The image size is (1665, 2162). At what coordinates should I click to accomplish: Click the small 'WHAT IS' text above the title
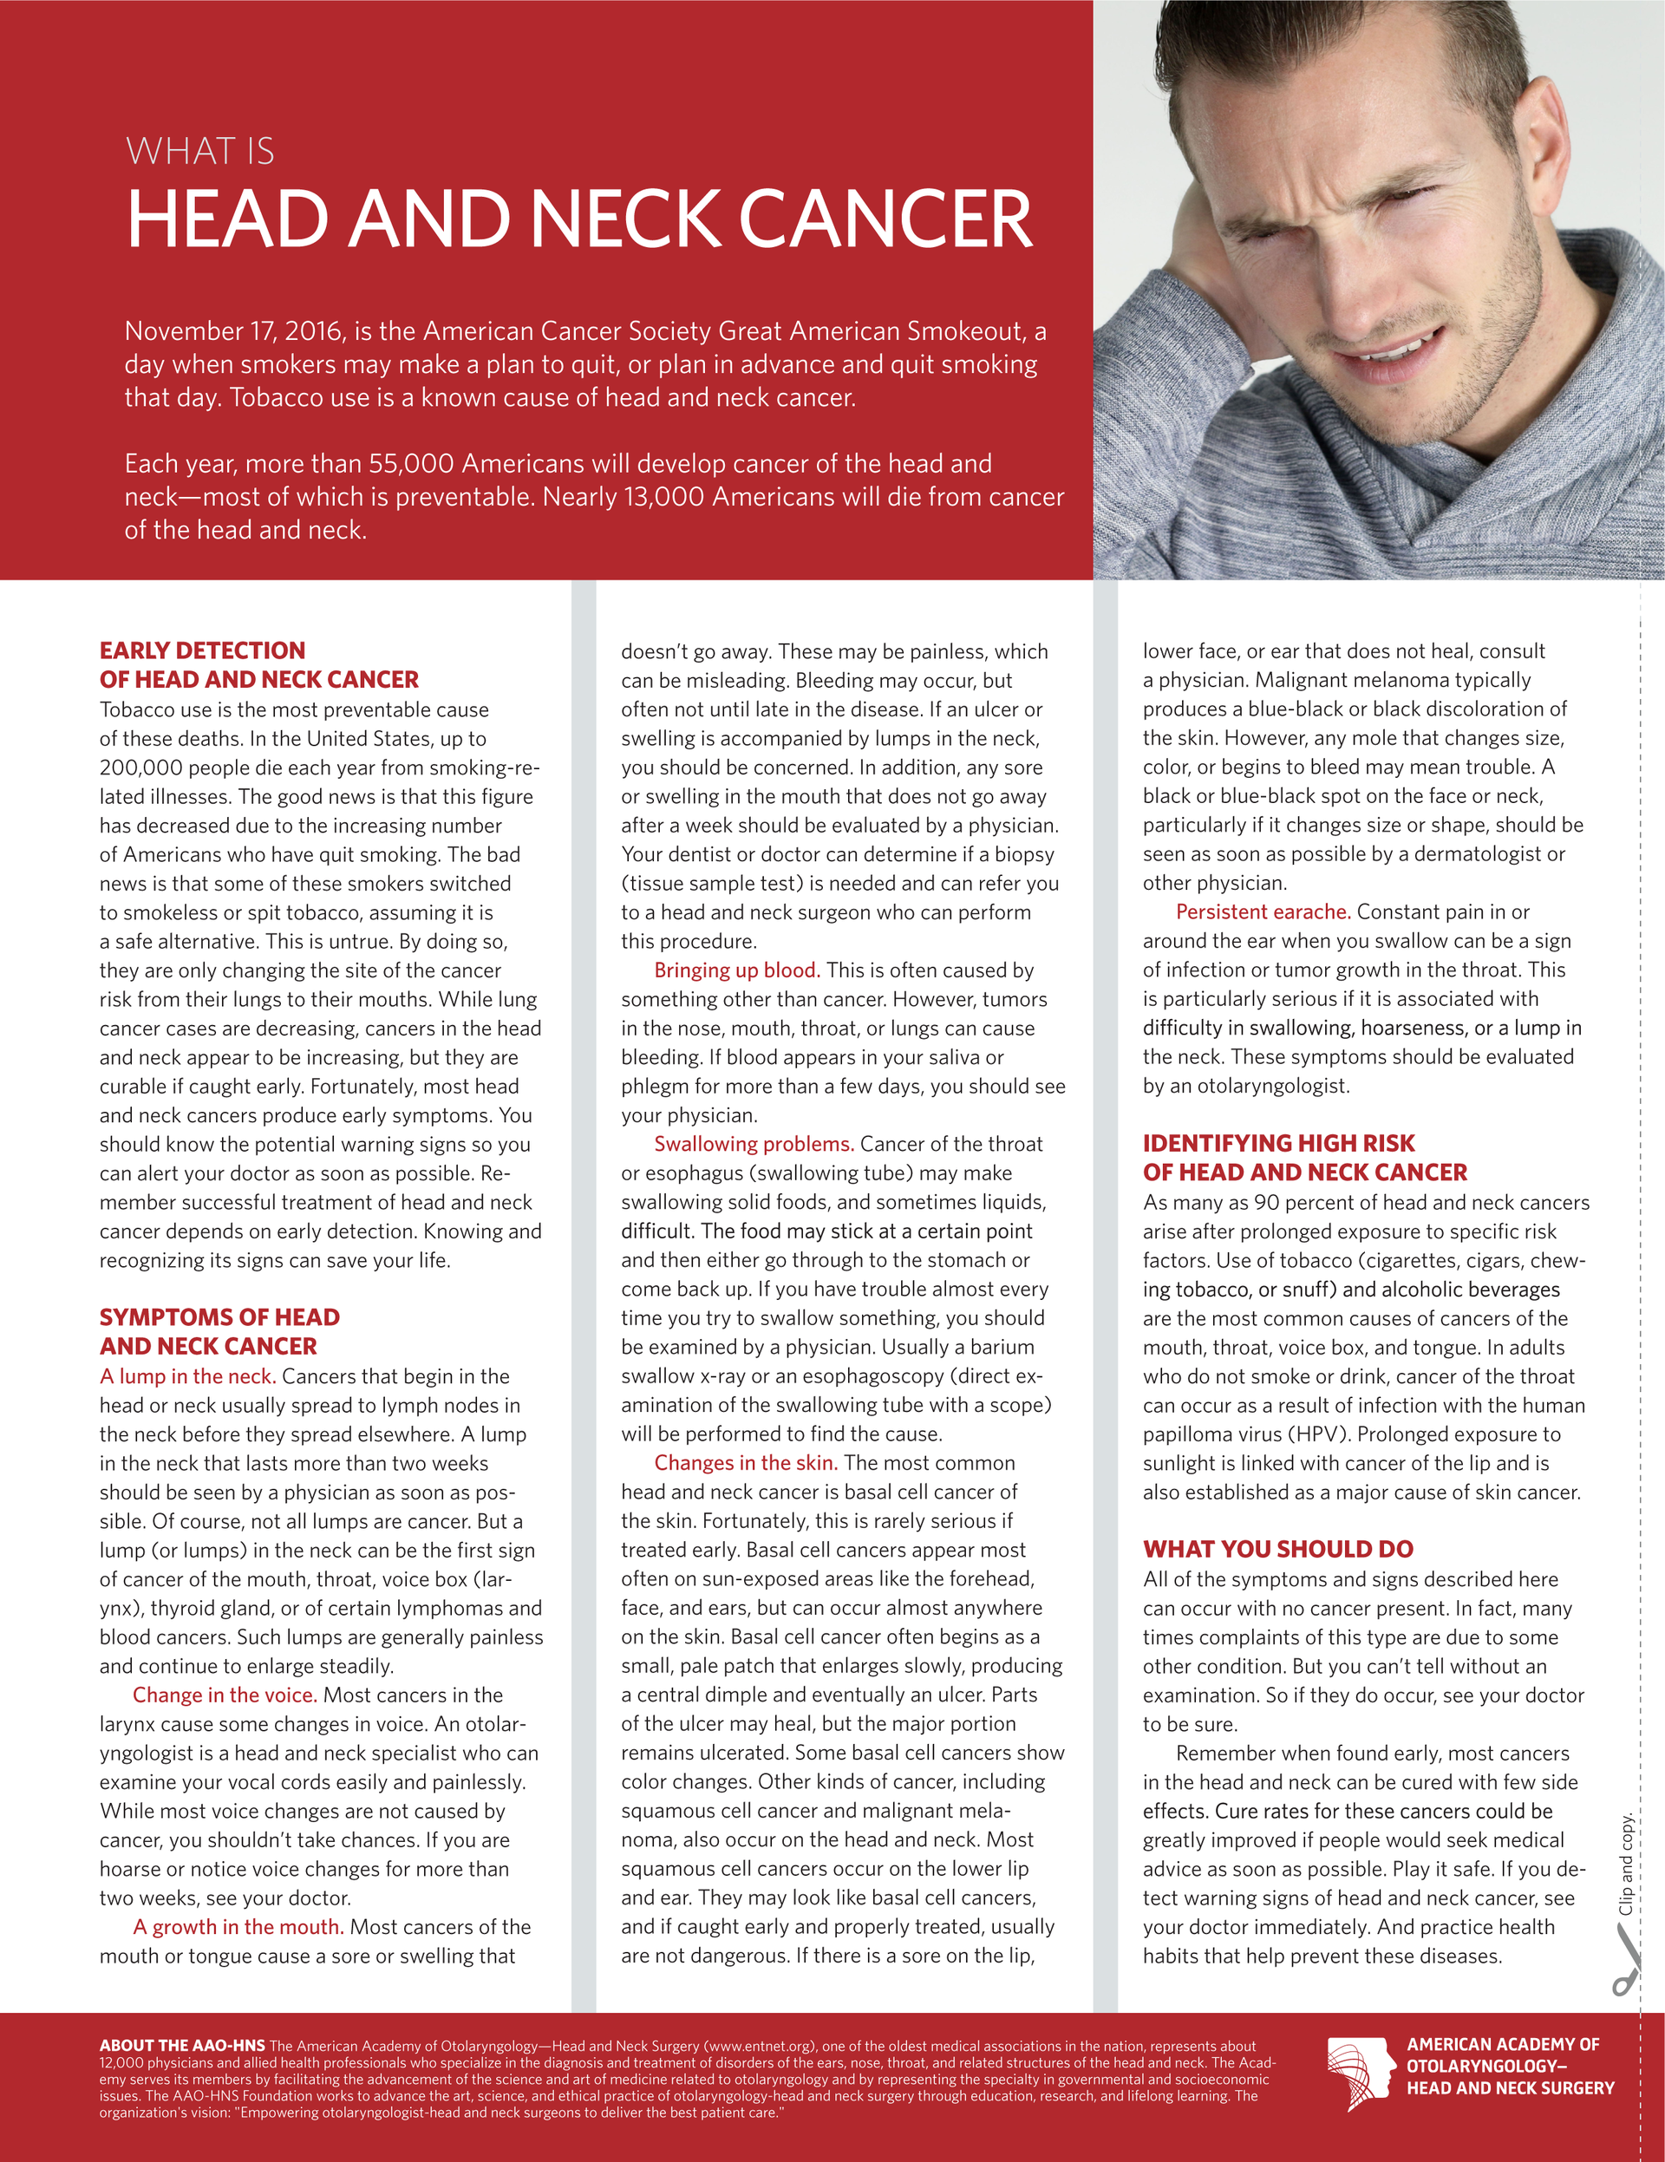pos(200,152)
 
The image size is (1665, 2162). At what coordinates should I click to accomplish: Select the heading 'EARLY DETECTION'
pos(202,650)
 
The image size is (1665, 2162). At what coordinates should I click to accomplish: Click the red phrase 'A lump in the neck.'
pos(187,1376)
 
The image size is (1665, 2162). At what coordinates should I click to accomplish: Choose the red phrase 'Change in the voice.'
pos(225,1695)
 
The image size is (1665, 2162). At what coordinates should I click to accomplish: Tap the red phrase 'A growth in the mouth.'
pos(238,1926)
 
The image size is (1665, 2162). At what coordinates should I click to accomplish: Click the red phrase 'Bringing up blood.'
pos(736,970)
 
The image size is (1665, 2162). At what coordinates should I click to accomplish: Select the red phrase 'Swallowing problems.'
pos(754,1145)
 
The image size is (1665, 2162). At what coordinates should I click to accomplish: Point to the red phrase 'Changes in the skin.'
pos(746,1463)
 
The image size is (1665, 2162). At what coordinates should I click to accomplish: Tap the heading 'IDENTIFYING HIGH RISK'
pos(1279,1143)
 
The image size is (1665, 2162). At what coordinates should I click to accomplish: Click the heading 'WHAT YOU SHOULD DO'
pos(1278,1549)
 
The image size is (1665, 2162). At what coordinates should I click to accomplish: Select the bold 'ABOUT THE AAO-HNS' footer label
pos(182,2046)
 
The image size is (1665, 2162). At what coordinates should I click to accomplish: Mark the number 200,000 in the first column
pos(146,767)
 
